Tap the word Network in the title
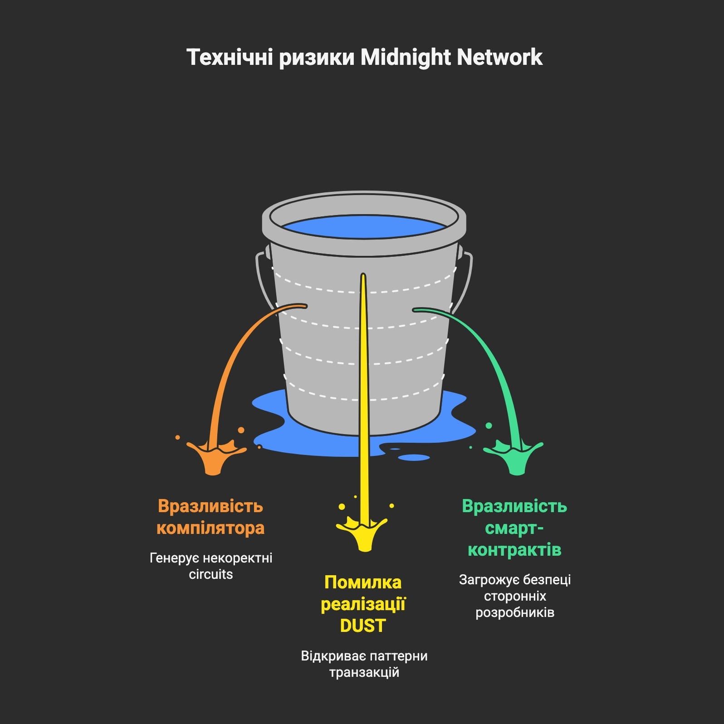pos(499,58)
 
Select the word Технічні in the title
pos(230,58)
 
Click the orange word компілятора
pos(210,528)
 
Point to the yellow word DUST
pos(362,626)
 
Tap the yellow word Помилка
pos(363,582)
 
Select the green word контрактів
pos(514,550)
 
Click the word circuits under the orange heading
pos(210,574)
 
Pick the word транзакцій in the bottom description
pos(364,672)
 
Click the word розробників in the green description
pos(515,612)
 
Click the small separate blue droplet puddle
pos(414,457)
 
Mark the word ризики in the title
pos(316,58)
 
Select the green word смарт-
pos(514,528)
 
